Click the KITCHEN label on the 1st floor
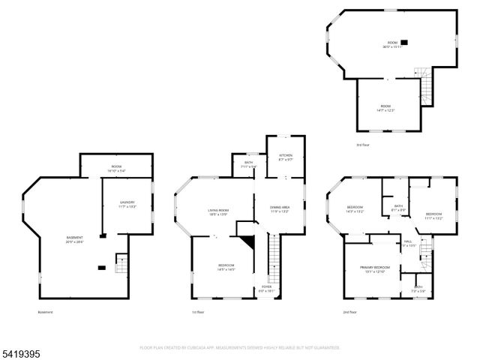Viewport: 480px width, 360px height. pyautogui.click(x=286, y=155)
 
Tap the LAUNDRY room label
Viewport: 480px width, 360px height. pyautogui.click(x=128, y=202)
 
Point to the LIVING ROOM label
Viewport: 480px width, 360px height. pyautogui.click(x=218, y=211)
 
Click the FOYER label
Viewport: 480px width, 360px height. pyautogui.click(x=266, y=287)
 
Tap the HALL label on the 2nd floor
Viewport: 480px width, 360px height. pyautogui.click(x=408, y=241)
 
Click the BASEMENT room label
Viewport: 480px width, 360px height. pyautogui.click(x=74, y=238)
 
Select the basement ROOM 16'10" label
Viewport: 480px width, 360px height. pyautogui.click(x=116, y=166)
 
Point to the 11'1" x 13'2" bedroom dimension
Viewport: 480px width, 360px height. pyautogui.click(x=434, y=218)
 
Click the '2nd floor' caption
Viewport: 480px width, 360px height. pyautogui.click(x=349, y=312)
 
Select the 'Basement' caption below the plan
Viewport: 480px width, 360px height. pyautogui.click(x=45, y=312)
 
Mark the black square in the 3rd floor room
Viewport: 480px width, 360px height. pyautogui.click(x=404, y=43)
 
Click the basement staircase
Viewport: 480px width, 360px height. pyautogui.click(x=121, y=265)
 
